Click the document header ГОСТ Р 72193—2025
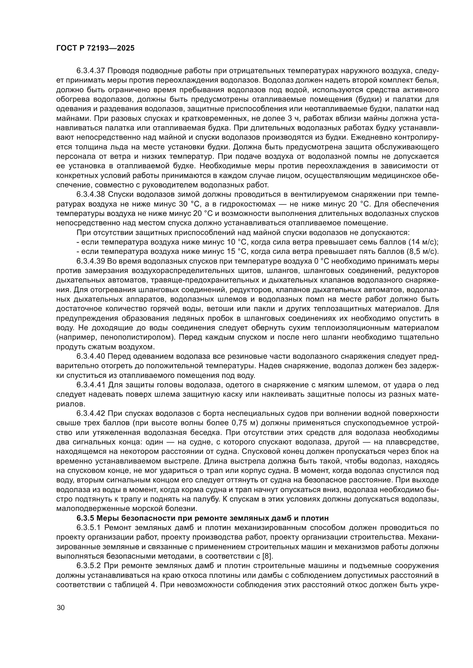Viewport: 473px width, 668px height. click(95, 48)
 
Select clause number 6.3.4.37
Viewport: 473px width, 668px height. click(92, 71)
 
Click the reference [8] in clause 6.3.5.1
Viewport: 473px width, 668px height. click(267, 557)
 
